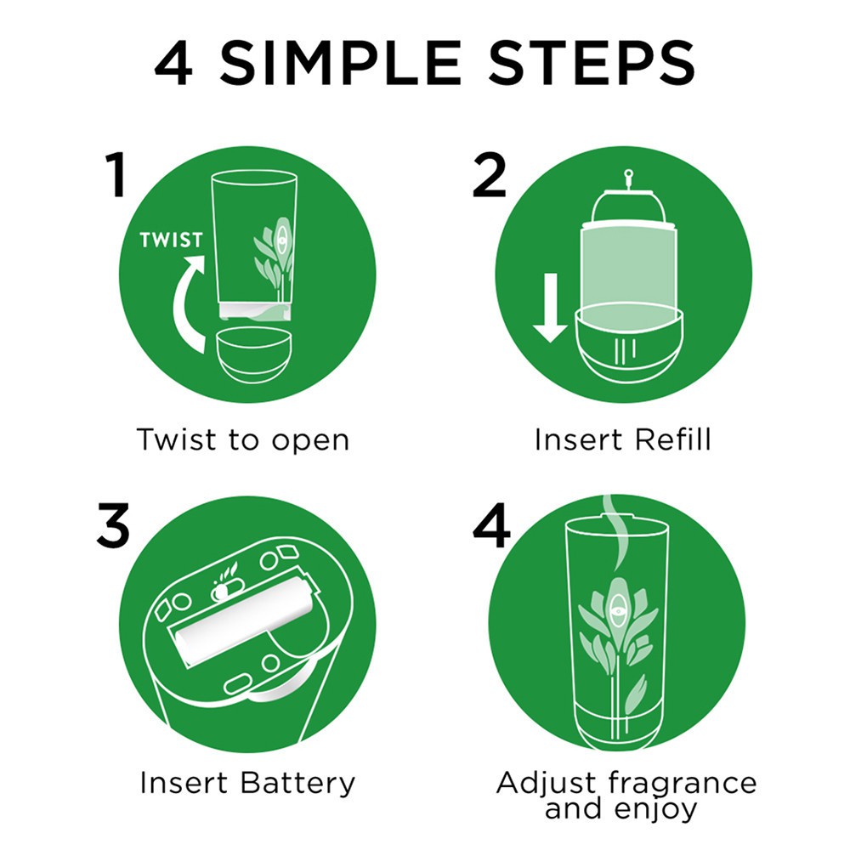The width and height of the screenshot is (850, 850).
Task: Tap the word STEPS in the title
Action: (592, 63)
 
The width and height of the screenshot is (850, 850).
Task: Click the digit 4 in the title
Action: (173, 63)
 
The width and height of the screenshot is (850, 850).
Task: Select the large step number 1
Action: (115, 174)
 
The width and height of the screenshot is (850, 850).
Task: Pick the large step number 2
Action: (489, 174)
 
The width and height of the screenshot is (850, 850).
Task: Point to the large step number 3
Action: (113, 524)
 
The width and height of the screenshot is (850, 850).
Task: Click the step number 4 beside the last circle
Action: (491, 525)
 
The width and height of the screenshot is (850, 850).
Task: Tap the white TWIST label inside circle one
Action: (172, 240)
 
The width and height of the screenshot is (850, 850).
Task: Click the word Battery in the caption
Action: (297, 783)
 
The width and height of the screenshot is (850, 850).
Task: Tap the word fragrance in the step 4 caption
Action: (682, 783)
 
